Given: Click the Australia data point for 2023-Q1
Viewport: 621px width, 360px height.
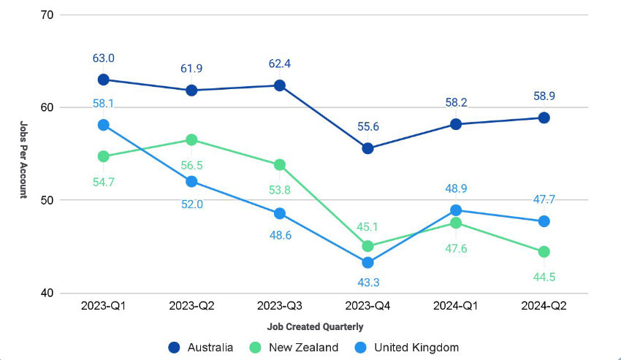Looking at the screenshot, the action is (103, 80).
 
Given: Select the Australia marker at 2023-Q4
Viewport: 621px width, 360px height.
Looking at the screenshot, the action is (367, 148).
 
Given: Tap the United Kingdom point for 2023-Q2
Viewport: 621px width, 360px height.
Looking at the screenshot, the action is (191, 182).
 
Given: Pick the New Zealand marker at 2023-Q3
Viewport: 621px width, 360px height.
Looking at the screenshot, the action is (280, 165).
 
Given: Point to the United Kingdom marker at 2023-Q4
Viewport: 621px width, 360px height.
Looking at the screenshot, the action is (367, 263).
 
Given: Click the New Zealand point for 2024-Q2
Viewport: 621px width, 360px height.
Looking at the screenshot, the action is (544, 251).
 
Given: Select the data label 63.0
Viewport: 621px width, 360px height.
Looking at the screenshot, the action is (103, 58).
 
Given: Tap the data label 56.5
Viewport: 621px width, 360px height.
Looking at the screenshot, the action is (191, 166).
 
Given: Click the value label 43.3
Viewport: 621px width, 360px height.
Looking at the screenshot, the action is (368, 283).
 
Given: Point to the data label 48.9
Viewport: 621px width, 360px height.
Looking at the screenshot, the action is (456, 188).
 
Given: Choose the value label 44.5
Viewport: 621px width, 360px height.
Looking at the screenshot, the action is (544, 277).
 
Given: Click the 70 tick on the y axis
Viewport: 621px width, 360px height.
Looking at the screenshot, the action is (47, 15).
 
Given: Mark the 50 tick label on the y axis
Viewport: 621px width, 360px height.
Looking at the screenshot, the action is (47, 200).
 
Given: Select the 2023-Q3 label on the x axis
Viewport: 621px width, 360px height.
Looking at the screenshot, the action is (280, 306).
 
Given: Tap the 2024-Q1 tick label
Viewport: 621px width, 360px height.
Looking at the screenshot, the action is (456, 306).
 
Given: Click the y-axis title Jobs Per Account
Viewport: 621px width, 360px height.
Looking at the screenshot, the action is (23, 160).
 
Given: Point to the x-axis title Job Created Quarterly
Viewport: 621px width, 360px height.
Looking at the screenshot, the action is (316, 327).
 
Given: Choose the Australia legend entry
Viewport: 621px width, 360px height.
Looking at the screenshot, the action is (201, 348).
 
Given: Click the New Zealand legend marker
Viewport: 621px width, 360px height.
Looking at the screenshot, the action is (256, 348).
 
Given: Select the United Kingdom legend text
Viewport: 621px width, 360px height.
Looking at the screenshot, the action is (416, 348).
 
